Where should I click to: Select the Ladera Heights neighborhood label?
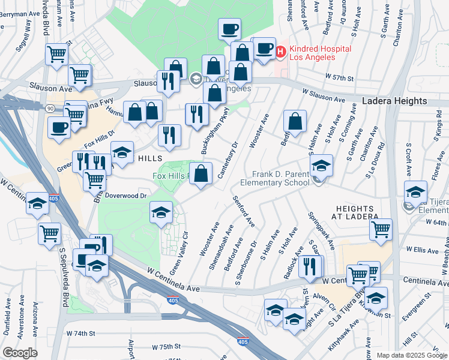click(x=394, y=102)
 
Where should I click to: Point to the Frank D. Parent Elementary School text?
click(x=274, y=178)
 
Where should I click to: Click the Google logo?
click(x=20, y=352)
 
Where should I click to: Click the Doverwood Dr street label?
click(x=125, y=196)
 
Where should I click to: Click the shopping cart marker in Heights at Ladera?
click(x=381, y=229)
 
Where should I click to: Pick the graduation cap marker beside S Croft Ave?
click(x=415, y=192)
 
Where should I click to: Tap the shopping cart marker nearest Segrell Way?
click(x=57, y=54)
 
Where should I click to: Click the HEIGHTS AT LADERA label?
click(x=357, y=211)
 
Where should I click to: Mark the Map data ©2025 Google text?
click(x=411, y=355)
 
